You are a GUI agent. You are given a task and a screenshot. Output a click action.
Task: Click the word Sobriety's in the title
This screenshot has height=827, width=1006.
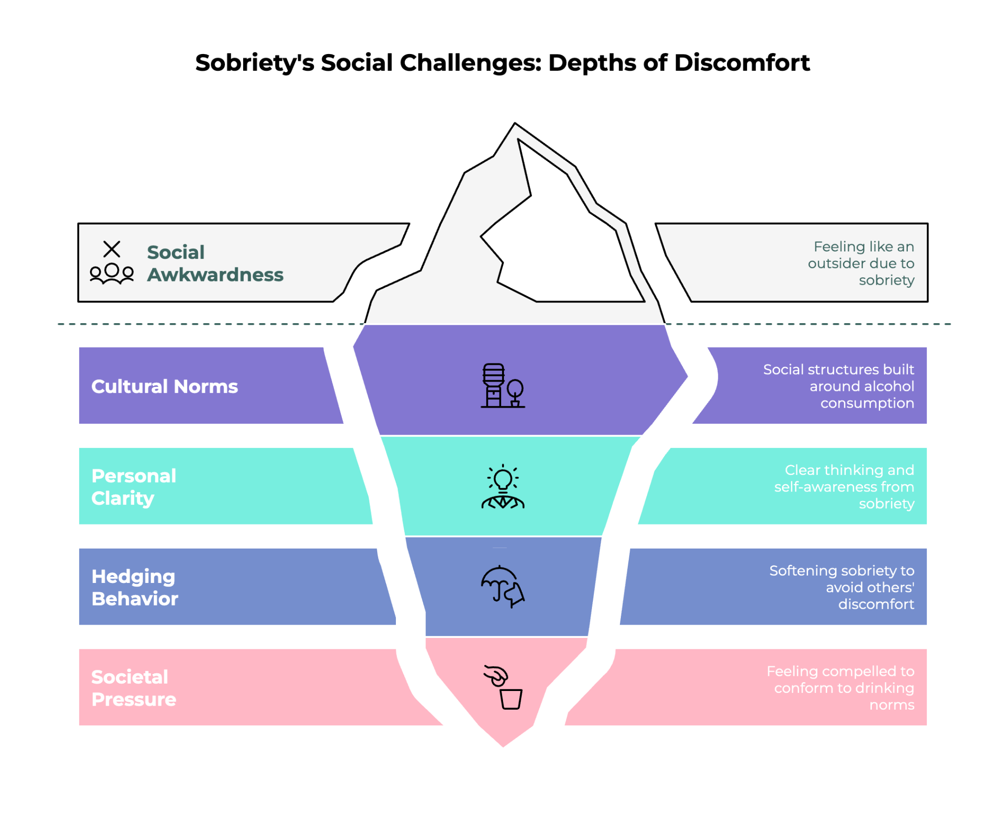(255, 63)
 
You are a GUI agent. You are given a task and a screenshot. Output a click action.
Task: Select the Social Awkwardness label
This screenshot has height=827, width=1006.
(215, 263)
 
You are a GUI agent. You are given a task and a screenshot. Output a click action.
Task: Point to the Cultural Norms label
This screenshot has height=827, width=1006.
(165, 386)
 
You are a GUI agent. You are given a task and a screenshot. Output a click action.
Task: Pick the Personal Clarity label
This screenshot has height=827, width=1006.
(134, 487)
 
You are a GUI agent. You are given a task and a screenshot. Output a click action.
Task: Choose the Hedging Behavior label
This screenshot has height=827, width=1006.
(135, 587)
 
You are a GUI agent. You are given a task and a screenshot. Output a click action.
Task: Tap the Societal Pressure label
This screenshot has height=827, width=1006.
(134, 688)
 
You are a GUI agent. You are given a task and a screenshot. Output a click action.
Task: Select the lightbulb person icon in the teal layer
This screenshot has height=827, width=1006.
(503, 487)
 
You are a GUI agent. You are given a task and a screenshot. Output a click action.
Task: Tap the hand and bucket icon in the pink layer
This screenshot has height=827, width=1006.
(503, 687)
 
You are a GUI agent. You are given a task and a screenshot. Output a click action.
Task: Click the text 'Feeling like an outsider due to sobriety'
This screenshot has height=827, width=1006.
(861, 263)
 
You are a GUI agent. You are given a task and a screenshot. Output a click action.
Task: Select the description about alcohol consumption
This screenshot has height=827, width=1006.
(838, 386)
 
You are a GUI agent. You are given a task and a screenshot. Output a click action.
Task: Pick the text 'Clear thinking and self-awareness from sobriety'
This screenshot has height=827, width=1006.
(844, 487)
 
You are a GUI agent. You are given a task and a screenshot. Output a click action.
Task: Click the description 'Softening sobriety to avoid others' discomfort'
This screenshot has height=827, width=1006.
(841, 587)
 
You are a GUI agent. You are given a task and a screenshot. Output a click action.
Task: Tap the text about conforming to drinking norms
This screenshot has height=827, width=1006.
(840, 688)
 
